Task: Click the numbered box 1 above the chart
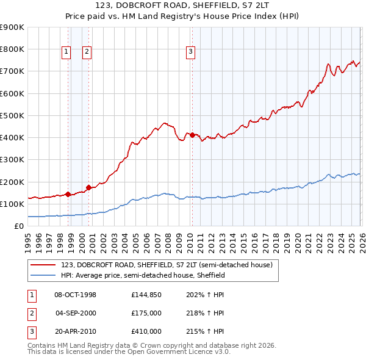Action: pyautogui.click(x=66, y=52)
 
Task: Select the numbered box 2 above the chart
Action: pyautogui.click(x=87, y=52)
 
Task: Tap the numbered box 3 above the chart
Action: pyautogui.click(x=191, y=52)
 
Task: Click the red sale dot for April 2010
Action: pyautogui.click(x=192, y=135)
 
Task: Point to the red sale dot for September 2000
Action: pyautogui.click(x=89, y=187)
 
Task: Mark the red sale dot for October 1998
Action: pyautogui.click(x=68, y=194)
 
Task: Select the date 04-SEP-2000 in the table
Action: pyautogui.click(x=76, y=313)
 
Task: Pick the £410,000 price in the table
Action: pyautogui.click(x=146, y=331)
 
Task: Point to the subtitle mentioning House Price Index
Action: pyautogui.click(x=182, y=17)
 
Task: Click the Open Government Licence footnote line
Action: pyautogui.click(x=129, y=352)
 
